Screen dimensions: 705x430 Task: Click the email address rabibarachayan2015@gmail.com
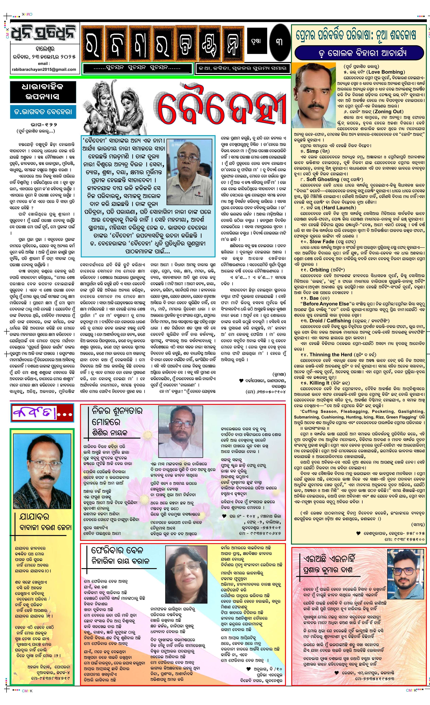[x=44, y=69]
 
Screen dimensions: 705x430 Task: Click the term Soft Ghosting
[x=322, y=179]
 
